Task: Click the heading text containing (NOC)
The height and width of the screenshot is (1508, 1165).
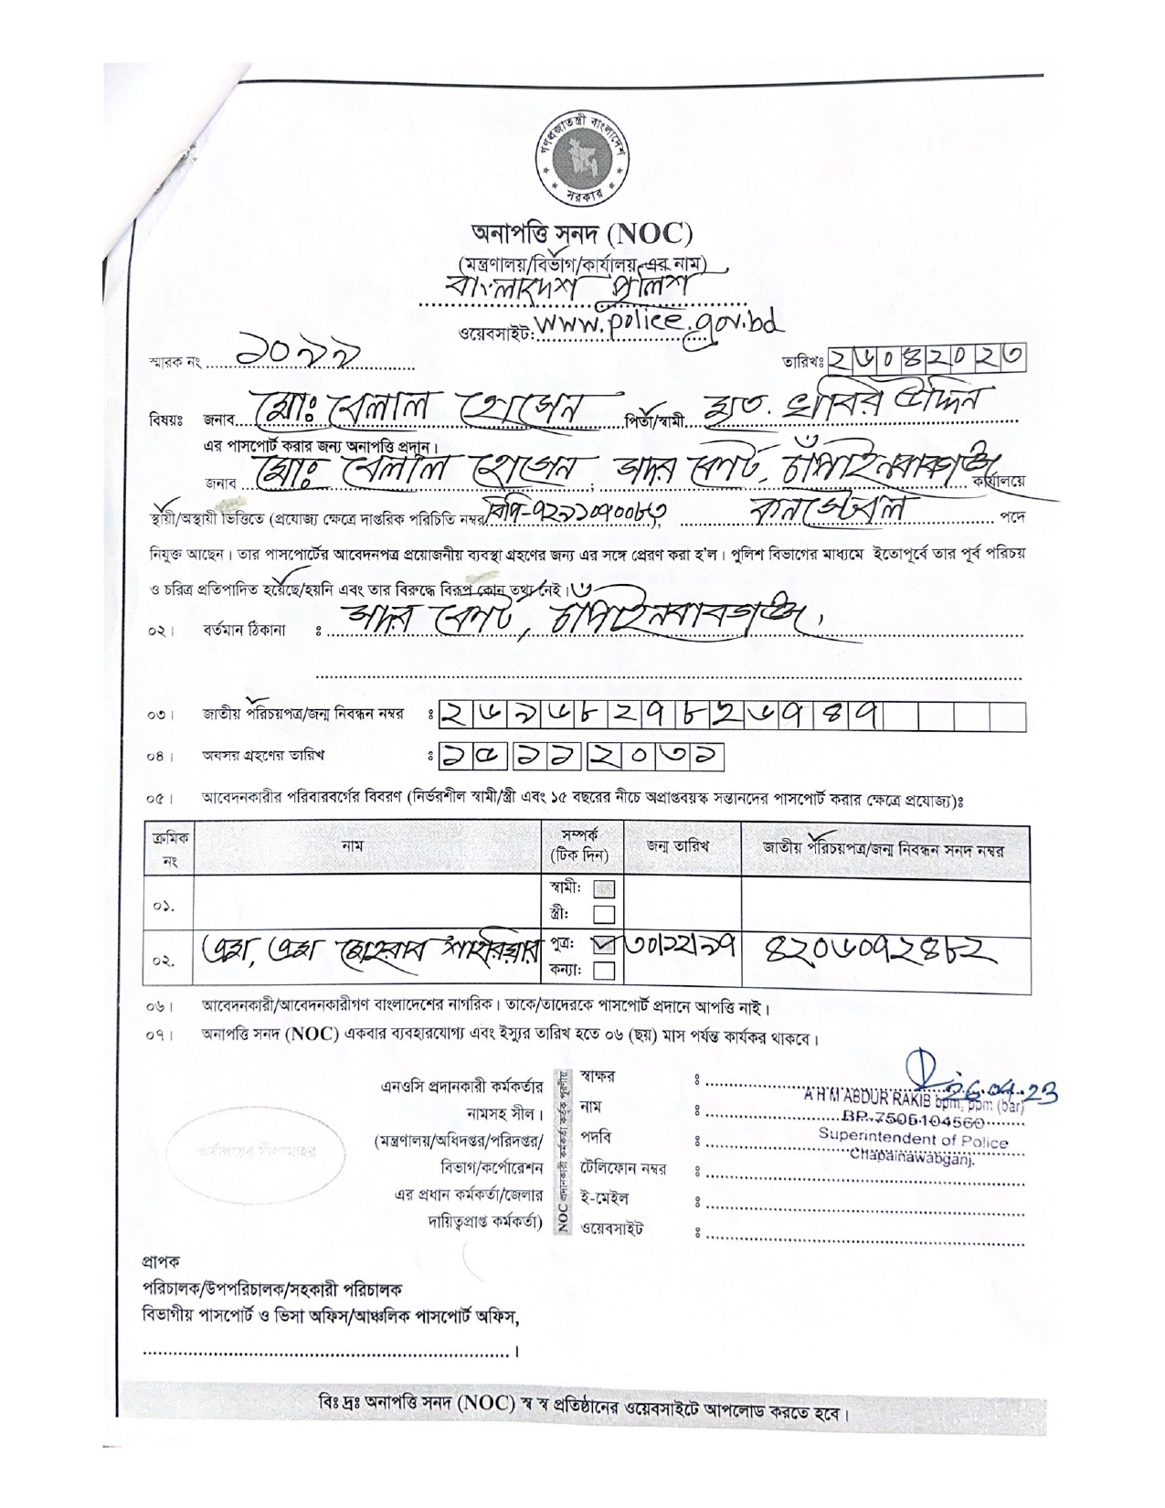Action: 582,234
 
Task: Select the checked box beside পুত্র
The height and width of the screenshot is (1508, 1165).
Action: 604,947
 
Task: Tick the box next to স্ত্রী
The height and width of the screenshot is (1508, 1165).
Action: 604,913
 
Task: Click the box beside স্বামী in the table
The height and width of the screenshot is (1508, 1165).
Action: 604,888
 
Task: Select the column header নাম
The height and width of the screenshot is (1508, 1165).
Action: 352,846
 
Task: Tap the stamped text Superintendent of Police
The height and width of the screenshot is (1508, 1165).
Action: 913,1141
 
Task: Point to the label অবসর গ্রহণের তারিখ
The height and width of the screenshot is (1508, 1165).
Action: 263,755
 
